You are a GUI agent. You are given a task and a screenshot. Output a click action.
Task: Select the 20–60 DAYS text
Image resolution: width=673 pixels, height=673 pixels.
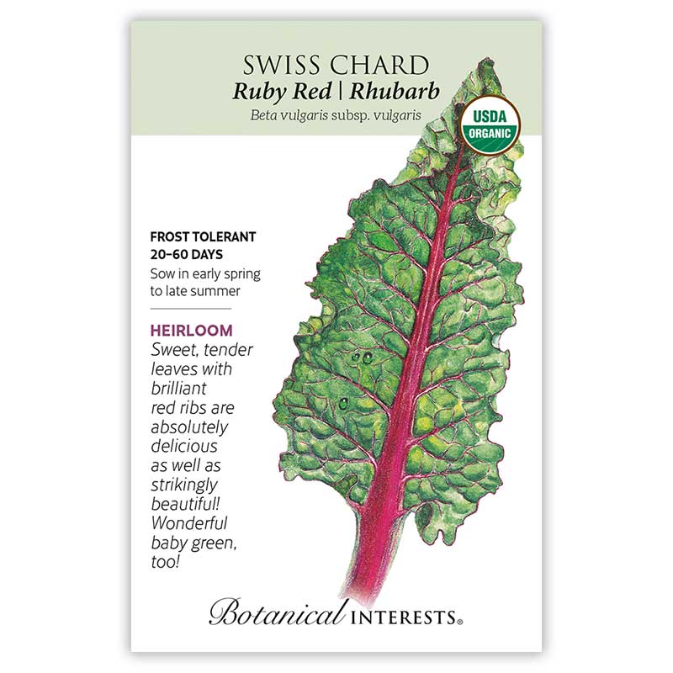click(x=192, y=253)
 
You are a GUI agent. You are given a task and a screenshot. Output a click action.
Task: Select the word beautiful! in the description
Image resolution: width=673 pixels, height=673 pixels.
click(x=187, y=505)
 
